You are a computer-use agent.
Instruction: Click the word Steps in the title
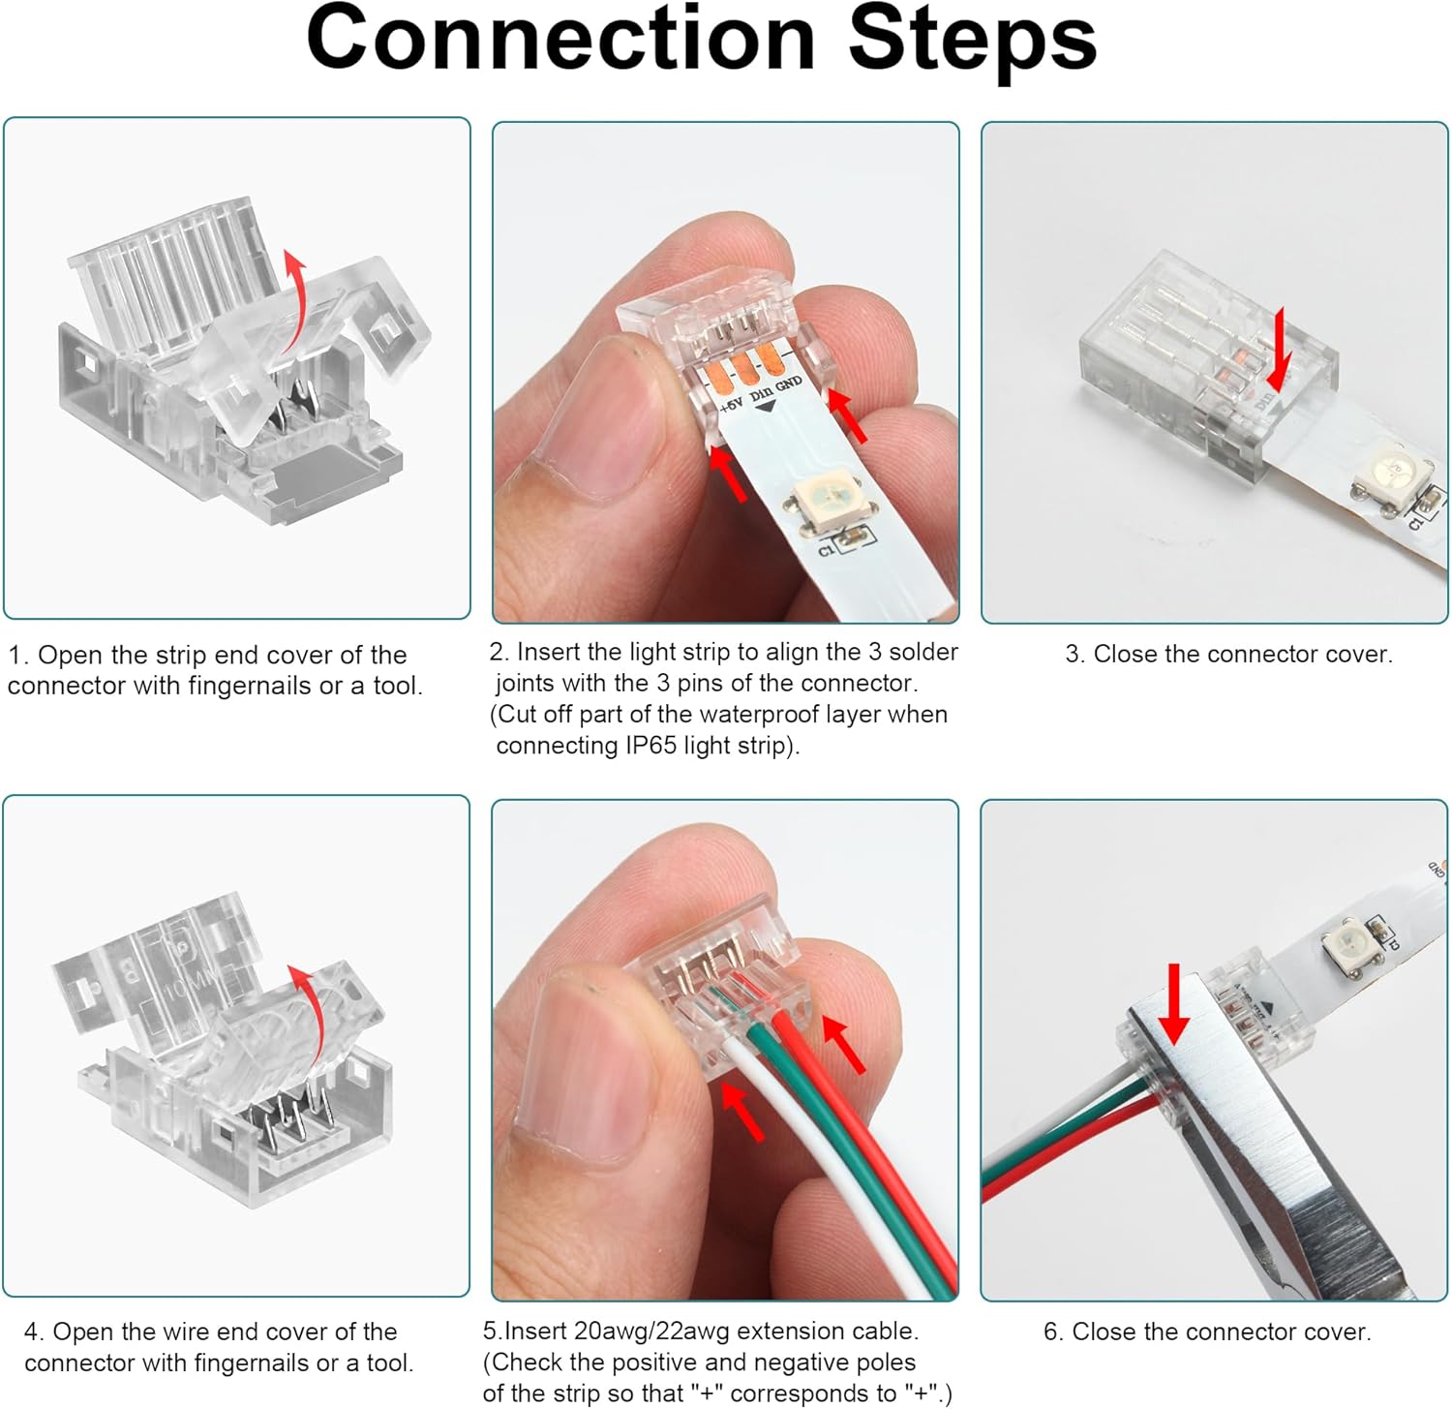[x=972, y=39]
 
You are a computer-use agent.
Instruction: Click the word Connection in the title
[x=560, y=39]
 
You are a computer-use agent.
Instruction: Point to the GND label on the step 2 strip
[x=789, y=383]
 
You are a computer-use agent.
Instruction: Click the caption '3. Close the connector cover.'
[x=1228, y=655]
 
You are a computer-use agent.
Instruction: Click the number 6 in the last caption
[x=1051, y=1332]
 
